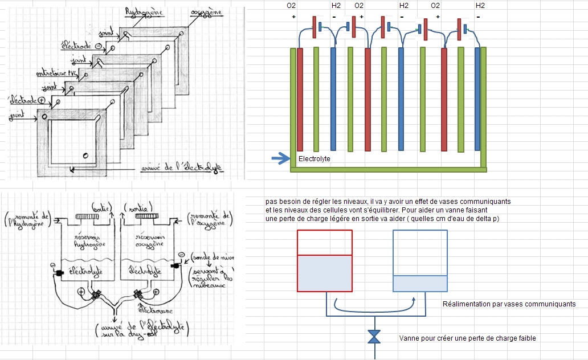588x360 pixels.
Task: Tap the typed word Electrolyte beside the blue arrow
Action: tap(314, 159)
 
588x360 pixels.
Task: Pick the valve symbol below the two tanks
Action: tap(374, 337)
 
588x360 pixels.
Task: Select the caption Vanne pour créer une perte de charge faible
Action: tap(467, 338)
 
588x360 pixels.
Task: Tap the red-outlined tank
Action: tap(325, 261)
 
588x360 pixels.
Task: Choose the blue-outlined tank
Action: tap(420, 261)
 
